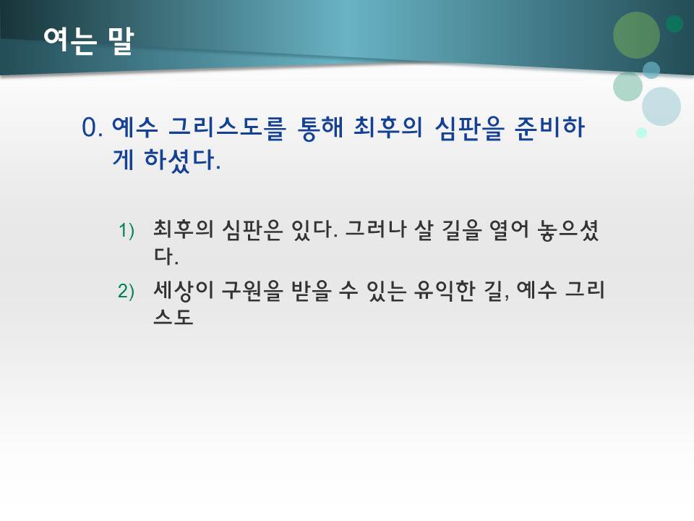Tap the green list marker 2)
click(x=127, y=291)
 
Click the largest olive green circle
click(x=636, y=35)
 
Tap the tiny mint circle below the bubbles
click(x=641, y=132)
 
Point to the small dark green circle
click(x=674, y=24)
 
